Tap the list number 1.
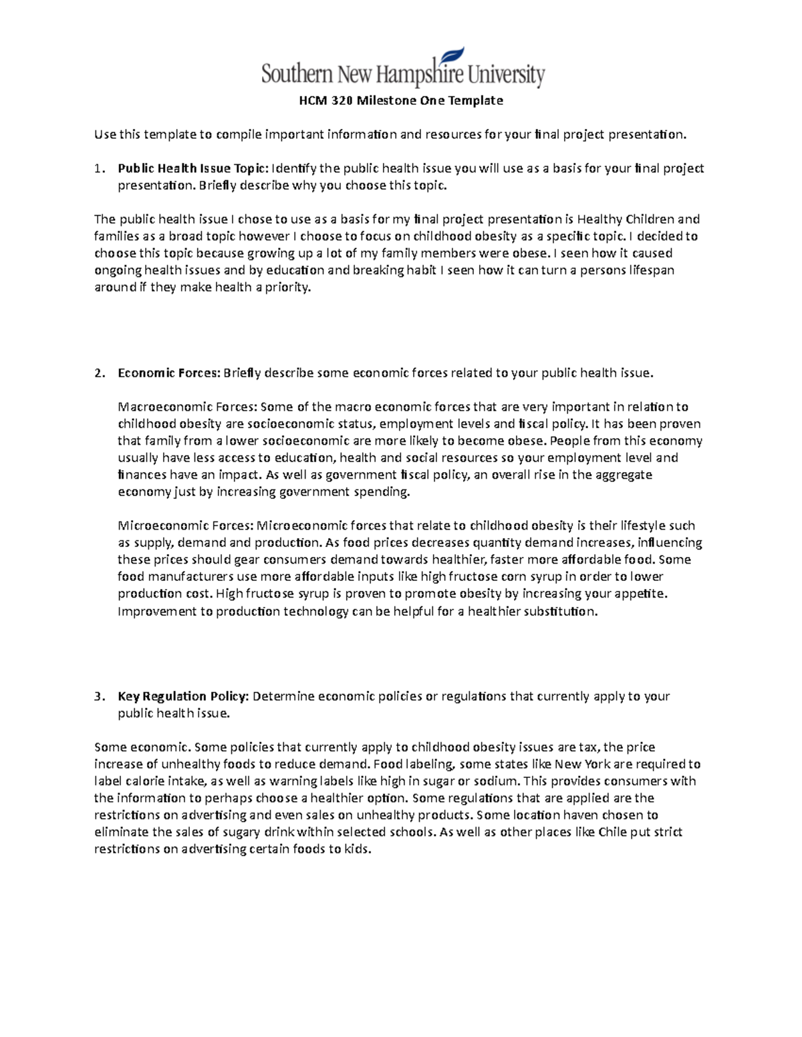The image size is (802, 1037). click(x=98, y=168)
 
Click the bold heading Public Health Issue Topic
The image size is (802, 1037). click(x=192, y=168)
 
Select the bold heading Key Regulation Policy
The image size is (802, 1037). click(x=183, y=696)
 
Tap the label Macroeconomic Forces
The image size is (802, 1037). click(x=186, y=407)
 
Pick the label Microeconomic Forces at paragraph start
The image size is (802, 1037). click(x=185, y=526)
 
